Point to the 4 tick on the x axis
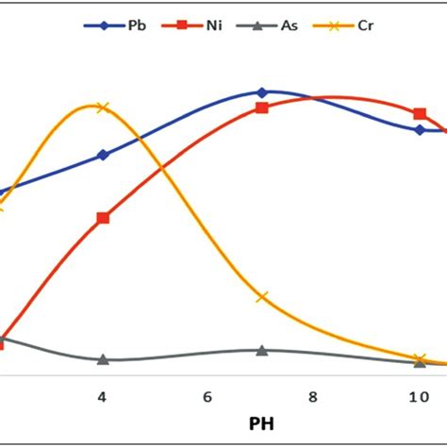102,397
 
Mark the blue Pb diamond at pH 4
103,155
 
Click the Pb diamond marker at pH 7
262,92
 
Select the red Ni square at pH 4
103,218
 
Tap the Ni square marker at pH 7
262,108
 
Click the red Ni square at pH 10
420,114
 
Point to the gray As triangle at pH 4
103,359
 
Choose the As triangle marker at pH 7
262,350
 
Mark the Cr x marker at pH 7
262,297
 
